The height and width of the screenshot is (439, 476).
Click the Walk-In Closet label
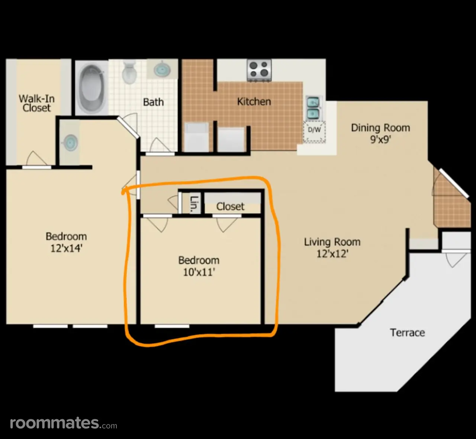pos(37,103)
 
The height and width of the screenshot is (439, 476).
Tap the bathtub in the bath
pos(92,87)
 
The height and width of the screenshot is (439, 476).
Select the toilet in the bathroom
pos(129,72)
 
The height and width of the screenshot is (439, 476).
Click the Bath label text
pos(153,102)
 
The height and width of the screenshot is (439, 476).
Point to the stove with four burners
pos(259,70)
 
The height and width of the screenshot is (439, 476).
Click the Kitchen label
pos(254,102)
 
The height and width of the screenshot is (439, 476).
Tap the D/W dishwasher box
pos(314,131)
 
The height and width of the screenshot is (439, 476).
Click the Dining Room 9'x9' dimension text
pos(380,139)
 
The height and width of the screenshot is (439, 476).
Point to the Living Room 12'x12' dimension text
pos(332,254)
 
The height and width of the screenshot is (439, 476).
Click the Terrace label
pos(408,333)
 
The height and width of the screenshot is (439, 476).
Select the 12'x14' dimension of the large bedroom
pos(67,248)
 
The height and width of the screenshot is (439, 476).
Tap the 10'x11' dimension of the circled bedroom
pos(199,272)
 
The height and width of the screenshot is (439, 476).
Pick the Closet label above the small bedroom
pos(230,206)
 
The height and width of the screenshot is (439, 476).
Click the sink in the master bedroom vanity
pos(70,142)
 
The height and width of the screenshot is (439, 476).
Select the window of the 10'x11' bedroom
pos(172,326)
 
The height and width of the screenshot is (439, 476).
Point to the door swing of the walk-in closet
pos(36,158)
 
